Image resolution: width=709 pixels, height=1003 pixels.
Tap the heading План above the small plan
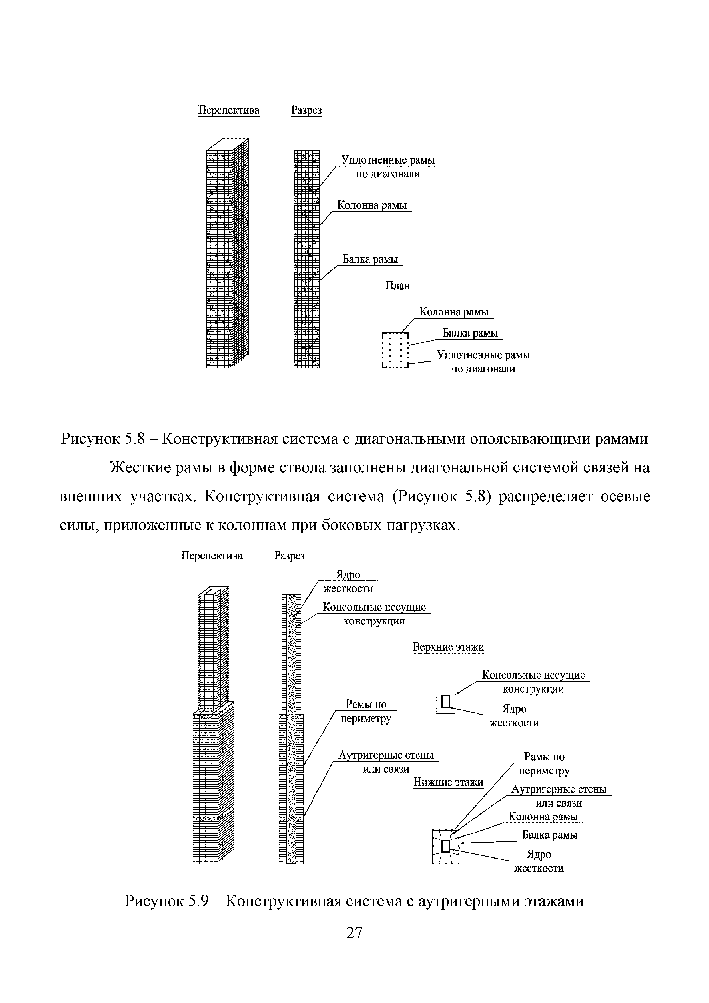[398, 286]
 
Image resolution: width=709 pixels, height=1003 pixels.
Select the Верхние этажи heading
[448, 647]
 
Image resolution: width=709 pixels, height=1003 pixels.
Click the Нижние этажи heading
[448, 782]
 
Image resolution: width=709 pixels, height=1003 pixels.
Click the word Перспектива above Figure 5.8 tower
[229, 110]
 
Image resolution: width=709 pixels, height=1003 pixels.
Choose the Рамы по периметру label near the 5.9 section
[366, 711]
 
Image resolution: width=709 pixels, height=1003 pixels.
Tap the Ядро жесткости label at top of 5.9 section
[348, 582]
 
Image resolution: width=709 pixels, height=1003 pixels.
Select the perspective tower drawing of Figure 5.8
[227, 253]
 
